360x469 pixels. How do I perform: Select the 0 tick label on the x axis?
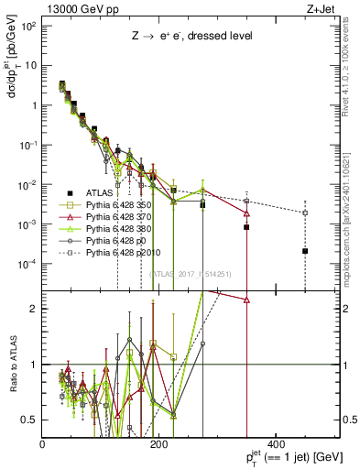tap(43, 444)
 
